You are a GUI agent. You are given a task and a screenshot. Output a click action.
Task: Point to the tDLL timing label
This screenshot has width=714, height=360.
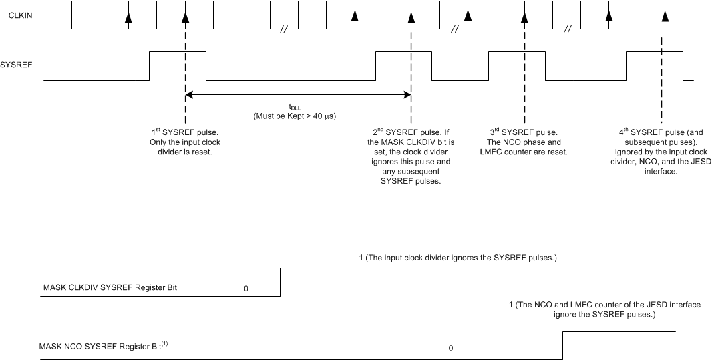coord(295,107)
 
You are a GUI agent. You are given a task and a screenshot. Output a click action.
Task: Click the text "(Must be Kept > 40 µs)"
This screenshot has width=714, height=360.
coord(295,116)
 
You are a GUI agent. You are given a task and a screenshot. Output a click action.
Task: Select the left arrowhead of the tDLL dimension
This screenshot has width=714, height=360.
coord(190,94)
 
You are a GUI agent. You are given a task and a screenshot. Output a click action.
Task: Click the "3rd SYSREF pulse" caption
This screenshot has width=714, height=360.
coord(524,142)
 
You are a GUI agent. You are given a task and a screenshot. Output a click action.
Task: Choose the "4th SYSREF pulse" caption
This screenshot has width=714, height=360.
coord(661,152)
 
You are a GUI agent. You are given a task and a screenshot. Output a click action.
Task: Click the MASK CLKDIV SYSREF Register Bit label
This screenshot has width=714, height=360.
coord(110,288)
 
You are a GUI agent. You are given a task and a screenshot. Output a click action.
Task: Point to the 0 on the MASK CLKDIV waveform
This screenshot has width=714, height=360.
coord(246,289)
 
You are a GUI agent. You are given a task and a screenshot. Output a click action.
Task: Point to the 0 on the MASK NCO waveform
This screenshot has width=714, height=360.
coord(450,348)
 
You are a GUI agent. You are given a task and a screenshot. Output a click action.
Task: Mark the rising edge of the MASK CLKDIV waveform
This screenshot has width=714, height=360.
coord(280,282)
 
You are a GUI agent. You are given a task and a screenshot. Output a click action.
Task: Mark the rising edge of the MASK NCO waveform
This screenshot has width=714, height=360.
coord(563,345)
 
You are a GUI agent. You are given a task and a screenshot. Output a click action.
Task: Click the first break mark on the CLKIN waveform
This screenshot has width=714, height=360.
coord(285,29)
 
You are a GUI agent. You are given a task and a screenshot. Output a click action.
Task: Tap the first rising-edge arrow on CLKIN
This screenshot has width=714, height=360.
coord(128,18)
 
